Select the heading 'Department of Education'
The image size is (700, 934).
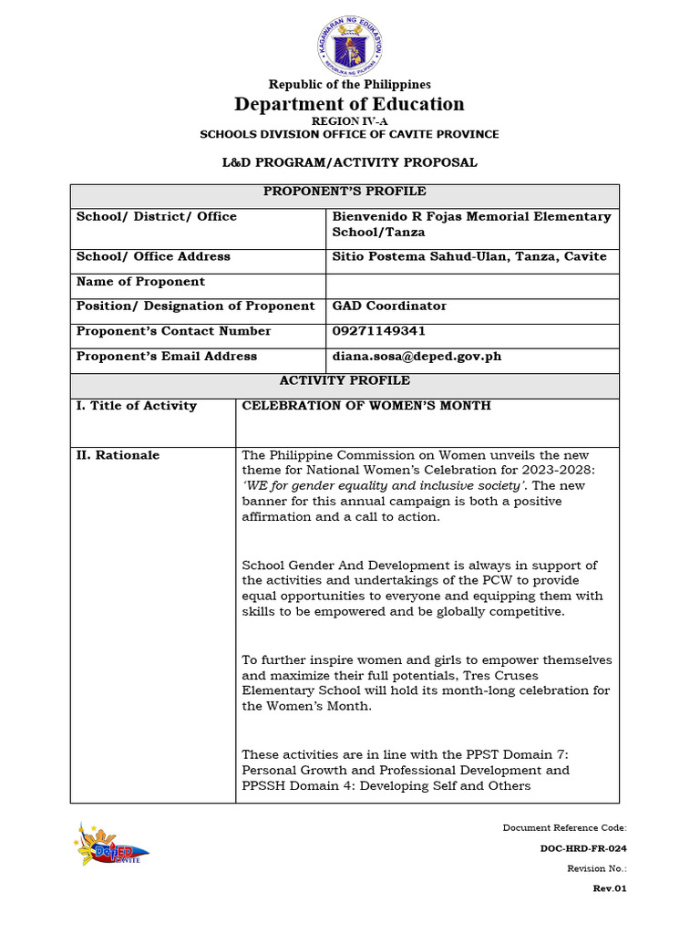click(x=350, y=104)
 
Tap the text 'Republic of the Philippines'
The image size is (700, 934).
click(x=350, y=85)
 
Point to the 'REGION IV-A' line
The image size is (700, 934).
click(x=350, y=120)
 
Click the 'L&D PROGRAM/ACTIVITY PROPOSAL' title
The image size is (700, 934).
click(x=350, y=162)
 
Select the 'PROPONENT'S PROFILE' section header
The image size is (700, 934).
click(x=345, y=192)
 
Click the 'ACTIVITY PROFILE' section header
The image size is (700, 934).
click(x=345, y=380)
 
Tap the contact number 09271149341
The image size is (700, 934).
click(x=378, y=331)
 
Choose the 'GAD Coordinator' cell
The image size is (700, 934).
click(x=389, y=306)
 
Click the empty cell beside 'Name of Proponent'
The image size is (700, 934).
click(x=472, y=282)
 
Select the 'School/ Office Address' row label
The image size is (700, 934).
click(x=153, y=257)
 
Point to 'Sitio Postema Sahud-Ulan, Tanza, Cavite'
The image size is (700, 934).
click(x=468, y=257)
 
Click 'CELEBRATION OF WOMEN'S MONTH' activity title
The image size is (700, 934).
click(x=365, y=406)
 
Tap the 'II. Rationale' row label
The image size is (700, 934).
click(x=118, y=455)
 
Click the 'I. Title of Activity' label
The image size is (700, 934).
click(x=136, y=406)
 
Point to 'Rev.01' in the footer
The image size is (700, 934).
click(x=610, y=888)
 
